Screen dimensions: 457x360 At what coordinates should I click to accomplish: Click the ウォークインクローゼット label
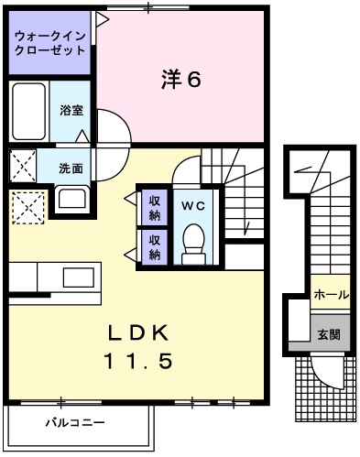pyautogui.click(x=49, y=43)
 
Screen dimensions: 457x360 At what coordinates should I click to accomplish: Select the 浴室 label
pyautogui.click(x=71, y=110)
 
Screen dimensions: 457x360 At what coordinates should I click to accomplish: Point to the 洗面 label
pyautogui.click(x=71, y=169)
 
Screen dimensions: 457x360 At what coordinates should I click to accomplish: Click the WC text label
pyautogui.click(x=192, y=205)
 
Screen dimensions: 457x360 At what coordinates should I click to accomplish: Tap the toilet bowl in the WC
pyautogui.click(x=193, y=243)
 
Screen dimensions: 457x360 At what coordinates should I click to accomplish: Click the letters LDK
pyautogui.click(x=142, y=332)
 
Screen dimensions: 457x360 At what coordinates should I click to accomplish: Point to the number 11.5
pyautogui.click(x=142, y=362)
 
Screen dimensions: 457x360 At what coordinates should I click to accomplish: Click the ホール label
pyautogui.click(x=330, y=295)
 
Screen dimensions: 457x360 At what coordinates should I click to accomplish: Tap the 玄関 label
pyautogui.click(x=330, y=335)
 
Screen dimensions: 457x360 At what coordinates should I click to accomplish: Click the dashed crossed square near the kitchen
pyautogui.click(x=27, y=207)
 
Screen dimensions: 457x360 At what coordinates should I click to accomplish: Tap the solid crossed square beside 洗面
pyautogui.click(x=23, y=167)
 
